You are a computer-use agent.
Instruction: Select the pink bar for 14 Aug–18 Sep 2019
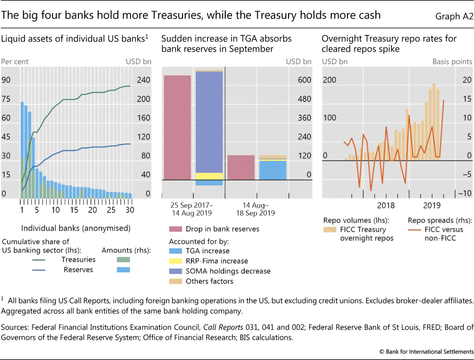[x=241, y=167]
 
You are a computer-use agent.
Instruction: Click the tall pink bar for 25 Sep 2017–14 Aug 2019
[x=177, y=128]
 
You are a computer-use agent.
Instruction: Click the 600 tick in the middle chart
[x=304, y=80]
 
